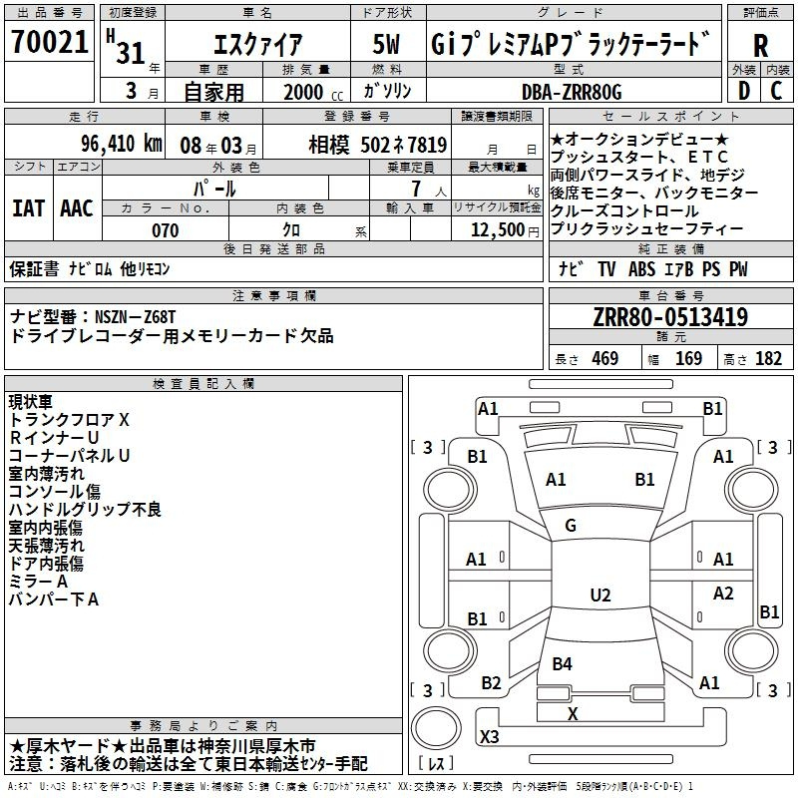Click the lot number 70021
(49, 42)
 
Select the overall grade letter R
(760, 46)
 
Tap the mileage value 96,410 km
(121, 144)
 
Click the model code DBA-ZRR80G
(572, 92)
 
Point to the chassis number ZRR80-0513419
(670, 316)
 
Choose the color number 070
(165, 230)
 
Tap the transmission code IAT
(29, 208)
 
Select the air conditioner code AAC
(77, 208)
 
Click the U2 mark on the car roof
(600, 595)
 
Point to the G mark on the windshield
(571, 526)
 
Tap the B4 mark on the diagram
(562, 663)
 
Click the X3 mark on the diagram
(490, 736)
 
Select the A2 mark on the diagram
(722, 593)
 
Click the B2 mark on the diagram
(491, 682)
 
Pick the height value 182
(768, 359)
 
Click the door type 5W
(386, 44)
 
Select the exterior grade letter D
(743, 91)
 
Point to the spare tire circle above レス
(436, 727)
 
